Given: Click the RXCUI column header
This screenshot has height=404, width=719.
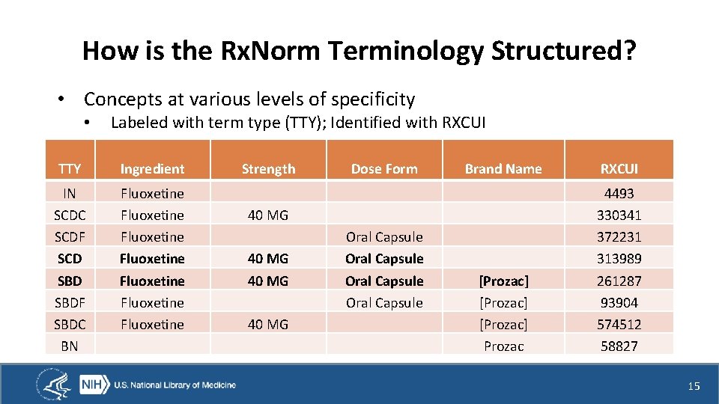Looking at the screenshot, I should tap(619, 169).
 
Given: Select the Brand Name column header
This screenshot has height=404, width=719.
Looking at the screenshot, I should tap(503, 169).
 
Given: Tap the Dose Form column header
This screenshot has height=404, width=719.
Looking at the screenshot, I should tap(384, 169).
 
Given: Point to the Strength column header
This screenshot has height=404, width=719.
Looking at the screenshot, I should tap(268, 169).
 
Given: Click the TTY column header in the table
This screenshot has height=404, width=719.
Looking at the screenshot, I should tap(70, 169).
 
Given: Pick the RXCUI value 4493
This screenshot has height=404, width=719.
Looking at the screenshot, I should tap(619, 194).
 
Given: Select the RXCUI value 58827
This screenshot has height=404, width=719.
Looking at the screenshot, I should tap(619, 346).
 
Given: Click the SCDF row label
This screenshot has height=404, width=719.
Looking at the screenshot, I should tap(70, 237).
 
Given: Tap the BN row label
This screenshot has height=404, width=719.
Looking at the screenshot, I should tap(70, 346).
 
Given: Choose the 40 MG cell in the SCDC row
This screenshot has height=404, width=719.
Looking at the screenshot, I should tap(268, 215).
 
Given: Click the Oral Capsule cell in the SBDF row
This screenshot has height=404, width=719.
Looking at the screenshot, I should tap(384, 303).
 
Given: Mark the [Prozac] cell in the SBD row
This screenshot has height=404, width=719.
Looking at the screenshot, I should tap(503, 281).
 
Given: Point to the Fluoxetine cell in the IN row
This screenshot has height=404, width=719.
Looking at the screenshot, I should tap(152, 194).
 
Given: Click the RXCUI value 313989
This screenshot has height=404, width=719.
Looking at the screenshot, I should tap(619, 259).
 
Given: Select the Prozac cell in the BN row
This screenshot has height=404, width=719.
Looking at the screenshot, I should tap(503, 346).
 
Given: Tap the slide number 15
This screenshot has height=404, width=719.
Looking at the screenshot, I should tap(694, 386).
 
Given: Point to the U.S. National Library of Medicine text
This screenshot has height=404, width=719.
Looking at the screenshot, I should tap(175, 385).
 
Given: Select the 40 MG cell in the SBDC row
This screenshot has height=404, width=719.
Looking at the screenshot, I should tap(268, 325).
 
